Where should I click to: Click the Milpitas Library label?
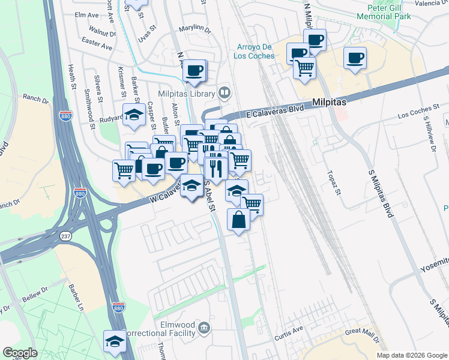[186, 94]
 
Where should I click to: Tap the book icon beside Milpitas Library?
[224, 92]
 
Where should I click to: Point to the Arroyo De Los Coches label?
[256, 52]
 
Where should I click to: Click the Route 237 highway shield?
[65, 236]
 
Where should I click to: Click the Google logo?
[20, 353]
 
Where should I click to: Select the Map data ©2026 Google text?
[411, 355]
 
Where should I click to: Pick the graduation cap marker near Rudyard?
[134, 115]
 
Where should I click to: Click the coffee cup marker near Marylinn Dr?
[194, 70]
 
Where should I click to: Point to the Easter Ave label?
[98, 44]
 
